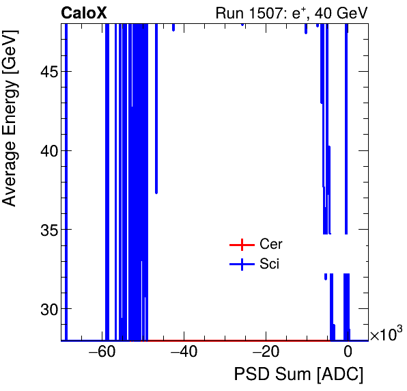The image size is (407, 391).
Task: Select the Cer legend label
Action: click(271, 245)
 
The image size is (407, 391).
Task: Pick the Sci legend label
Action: click(270, 264)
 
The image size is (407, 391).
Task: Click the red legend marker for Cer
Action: click(241, 245)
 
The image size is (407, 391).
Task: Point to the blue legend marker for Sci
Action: click(241, 264)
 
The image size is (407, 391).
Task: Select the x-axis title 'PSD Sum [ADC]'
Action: click(299, 375)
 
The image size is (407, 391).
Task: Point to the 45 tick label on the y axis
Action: click(46, 72)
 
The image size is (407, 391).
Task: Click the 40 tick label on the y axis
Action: click(46, 150)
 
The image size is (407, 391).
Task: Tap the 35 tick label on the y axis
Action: click(46, 230)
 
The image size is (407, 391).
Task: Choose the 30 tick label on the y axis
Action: click(46, 308)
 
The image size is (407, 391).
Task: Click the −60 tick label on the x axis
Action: click(100, 353)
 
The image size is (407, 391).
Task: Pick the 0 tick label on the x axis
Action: click(348, 353)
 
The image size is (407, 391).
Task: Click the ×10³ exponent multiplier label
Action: click(386, 335)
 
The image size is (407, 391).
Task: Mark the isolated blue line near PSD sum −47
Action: click(156, 109)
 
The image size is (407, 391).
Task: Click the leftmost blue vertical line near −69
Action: click(66, 178)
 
